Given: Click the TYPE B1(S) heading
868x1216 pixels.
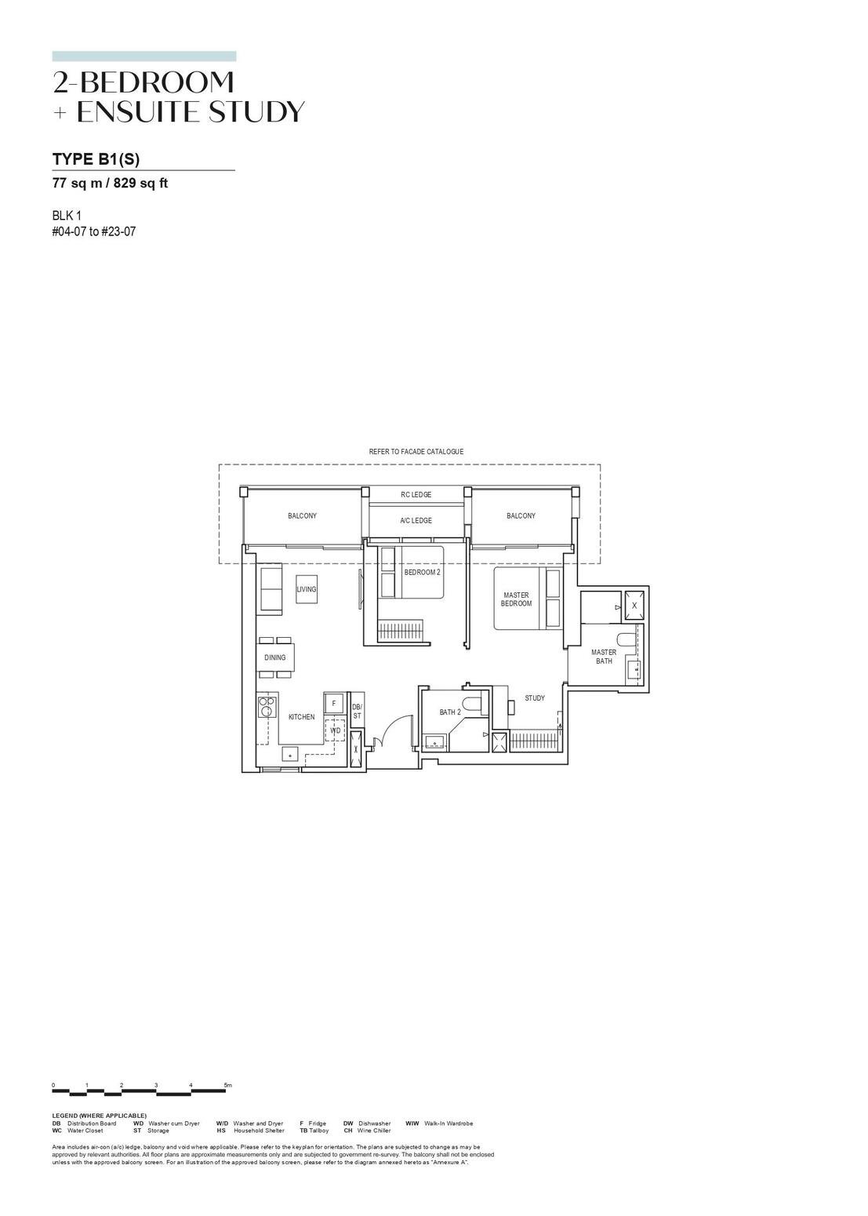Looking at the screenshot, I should click(x=96, y=159).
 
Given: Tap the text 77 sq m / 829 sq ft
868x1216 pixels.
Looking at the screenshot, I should click(x=110, y=184).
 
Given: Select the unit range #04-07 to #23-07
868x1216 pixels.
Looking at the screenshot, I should click(x=94, y=231).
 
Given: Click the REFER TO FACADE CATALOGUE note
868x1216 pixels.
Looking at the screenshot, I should click(x=416, y=452).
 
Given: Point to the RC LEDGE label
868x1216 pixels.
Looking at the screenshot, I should click(x=416, y=495).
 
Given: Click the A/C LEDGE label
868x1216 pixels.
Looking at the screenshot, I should click(x=416, y=521).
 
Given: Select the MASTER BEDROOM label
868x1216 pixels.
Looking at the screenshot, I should click(x=516, y=599).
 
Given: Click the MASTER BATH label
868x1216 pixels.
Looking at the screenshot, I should click(x=604, y=657).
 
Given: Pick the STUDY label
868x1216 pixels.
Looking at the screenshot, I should click(x=535, y=698).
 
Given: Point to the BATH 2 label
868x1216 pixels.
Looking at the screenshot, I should click(x=450, y=712).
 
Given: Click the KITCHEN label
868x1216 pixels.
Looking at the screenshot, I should click(x=301, y=717).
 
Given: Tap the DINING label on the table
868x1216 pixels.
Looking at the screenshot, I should click(x=274, y=657).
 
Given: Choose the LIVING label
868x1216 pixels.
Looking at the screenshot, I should click(x=307, y=589).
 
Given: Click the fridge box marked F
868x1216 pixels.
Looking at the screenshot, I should click(x=334, y=704).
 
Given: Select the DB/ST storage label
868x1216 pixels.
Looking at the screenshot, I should click(x=357, y=712).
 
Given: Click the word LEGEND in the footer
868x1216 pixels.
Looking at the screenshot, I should click(x=66, y=1116).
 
